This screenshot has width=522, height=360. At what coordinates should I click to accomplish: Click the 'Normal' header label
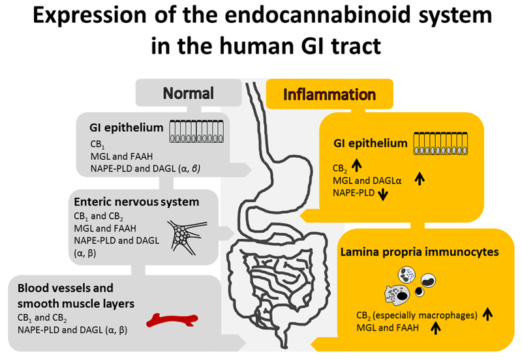(x=188, y=93)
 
